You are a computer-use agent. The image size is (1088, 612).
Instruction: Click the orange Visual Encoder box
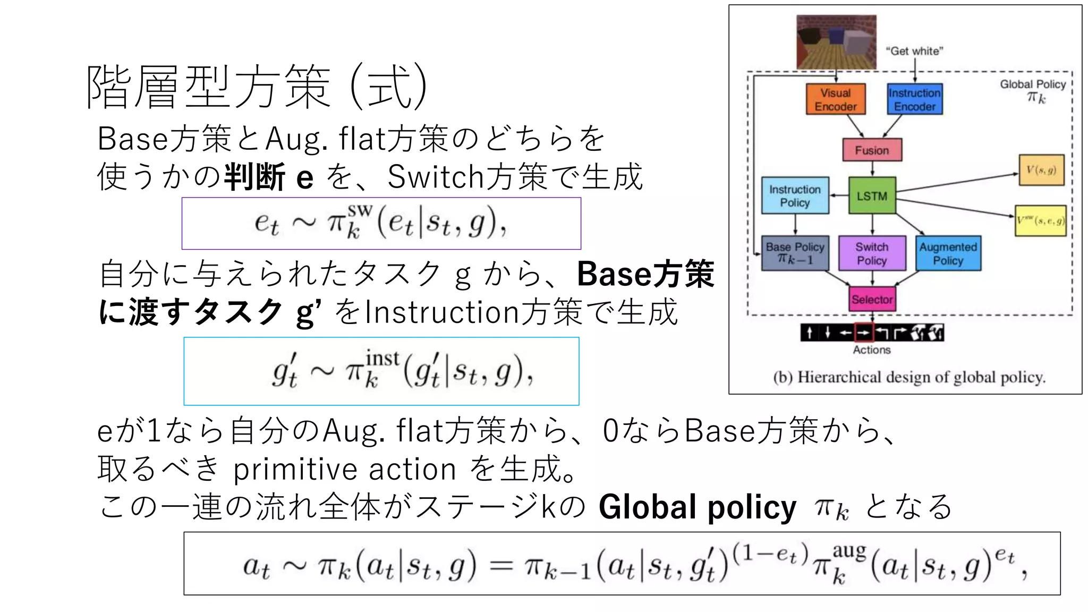pyautogui.click(x=835, y=99)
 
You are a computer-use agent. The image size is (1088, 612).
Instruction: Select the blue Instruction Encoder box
pyautogui.click(x=914, y=99)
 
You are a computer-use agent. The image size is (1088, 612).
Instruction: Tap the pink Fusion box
pyautogui.click(x=872, y=150)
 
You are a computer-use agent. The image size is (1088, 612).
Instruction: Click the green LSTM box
pyautogui.click(x=872, y=196)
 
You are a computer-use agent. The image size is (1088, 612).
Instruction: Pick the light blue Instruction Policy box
pyautogui.click(x=795, y=196)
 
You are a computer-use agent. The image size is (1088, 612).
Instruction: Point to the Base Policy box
pyautogui.click(x=795, y=253)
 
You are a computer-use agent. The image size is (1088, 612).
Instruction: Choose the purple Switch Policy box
pyautogui.click(x=872, y=253)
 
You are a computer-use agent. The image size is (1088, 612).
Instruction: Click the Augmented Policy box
pyautogui.click(x=948, y=253)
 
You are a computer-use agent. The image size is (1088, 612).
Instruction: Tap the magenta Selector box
pyautogui.click(x=872, y=299)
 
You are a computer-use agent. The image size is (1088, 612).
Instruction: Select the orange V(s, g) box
pyautogui.click(x=1041, y=170)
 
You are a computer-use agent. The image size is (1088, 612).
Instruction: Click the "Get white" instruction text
pyautogui.click(x=914, y=51)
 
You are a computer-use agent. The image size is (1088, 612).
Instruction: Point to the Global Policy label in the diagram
pyautogui.click(x=1033, y=84)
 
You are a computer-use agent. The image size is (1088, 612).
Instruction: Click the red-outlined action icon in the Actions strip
pyautogui.click(x=864, y=333)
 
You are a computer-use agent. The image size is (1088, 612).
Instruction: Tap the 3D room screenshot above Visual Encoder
pyautogui.click(x=836, y=42)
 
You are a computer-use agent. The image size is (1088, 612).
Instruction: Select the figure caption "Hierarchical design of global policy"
pyautogui.click(x=909, y=377)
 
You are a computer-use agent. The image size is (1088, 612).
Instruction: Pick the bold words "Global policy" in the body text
pyautogui.click(x=697, y=507)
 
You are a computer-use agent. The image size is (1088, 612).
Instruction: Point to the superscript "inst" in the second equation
pyautogui.click(x=382, y=358)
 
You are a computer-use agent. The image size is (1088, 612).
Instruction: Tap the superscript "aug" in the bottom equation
pyautogui.click(x=849, y=551)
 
